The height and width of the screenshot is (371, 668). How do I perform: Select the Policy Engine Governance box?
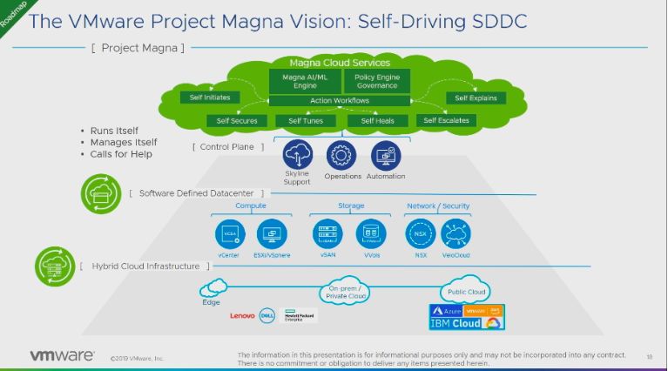pyautogui.click(x=376, y=82)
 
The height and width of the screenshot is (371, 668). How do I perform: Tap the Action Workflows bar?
pyautogui.click(x=339, y=101)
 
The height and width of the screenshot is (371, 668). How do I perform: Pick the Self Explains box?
pyautogui.click(x=476, y=98)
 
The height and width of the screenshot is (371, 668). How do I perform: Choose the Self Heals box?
pyautogui.click(x=378, y=120)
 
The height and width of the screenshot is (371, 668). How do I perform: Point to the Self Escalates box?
pyautogui.click(x=446, y=120)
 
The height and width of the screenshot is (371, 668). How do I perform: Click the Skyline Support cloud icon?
pyautogui.click(x=298, y=155)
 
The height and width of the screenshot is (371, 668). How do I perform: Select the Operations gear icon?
pyautogui.click(x=342, y=155)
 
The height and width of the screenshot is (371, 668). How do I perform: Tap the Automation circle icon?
pyautogui.click(x=385, y=155)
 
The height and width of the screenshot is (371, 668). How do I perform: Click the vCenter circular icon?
pyautogui.click(x=230, y=233)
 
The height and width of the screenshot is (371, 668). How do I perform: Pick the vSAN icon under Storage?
pyautogui.click(x=327, y=233)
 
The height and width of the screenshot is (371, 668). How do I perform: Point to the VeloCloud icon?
pyautogui.click(x=456, y=233)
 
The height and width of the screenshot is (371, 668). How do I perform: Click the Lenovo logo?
pyautogui.click(x=243, y=316)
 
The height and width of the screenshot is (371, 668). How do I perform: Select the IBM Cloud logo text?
pyautogui.click(x=455, y=323)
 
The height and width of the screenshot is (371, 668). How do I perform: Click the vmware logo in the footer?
pyautogui.click(x=62, y=355)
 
